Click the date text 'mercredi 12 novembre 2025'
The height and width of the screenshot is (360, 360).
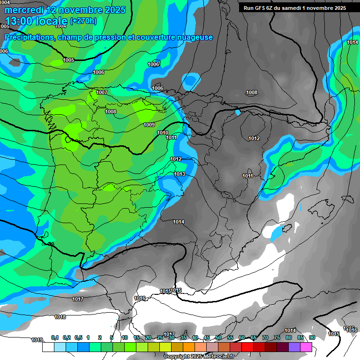(x=65, y=10)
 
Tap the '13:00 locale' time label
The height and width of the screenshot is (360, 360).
(x=36, y=21)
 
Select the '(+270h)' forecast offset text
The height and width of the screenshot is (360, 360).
(x=83, y=21)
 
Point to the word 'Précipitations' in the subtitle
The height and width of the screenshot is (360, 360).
(x=27, y=37)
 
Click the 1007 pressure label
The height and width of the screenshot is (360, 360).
(x=102, y=92)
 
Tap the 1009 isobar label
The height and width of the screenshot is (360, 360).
(x=149, y=125)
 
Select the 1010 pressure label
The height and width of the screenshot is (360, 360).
(x=163, y=133)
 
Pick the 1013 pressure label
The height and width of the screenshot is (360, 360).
(x=180, y=174)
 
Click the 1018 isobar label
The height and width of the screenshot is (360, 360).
(x=60, y=317)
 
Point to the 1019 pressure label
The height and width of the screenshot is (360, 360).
(x=37, y=340)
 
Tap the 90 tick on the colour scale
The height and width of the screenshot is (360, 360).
(x=312, y=338)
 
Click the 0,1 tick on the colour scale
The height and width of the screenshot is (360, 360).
(x=54, y=338)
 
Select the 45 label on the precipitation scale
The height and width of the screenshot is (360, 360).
(x=207, y=338)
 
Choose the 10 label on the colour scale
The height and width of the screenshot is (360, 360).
(x=125, y=338)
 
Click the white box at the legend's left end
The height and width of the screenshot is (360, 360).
(x=48, y=347)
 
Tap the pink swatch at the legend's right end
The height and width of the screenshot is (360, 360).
(x=306, y=347)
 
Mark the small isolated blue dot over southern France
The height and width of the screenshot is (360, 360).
(x=237, y=112)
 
